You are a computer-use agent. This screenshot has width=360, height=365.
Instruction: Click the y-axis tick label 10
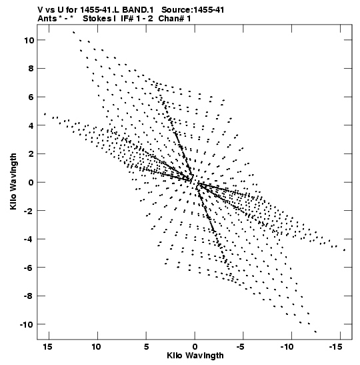point(29,40)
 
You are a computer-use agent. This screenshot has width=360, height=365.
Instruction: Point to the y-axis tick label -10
point(27,324)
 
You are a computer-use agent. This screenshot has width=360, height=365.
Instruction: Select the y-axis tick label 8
point(31,69)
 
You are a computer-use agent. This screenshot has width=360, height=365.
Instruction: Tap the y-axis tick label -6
point(29,268)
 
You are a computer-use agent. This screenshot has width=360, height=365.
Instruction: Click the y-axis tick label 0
point(31,183)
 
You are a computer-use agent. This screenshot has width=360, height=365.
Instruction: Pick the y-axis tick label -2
point(29,211)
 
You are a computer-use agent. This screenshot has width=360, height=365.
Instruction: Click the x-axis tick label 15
point(47,347)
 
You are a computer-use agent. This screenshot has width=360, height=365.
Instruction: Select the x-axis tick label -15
point(335,347)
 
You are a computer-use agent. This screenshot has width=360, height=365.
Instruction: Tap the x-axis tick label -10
point(287,347)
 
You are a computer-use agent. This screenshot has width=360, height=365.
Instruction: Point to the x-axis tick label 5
point(146,347)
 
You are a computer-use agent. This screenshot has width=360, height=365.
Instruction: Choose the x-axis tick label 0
point(195,347)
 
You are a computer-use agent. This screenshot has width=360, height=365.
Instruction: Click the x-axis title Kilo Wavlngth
point(195,356)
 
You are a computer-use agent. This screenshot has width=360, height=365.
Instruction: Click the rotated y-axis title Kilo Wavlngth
point(13,181)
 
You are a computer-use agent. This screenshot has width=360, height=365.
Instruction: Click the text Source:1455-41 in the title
point(193,10)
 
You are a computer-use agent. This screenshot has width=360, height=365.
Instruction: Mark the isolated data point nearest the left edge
point(45,114)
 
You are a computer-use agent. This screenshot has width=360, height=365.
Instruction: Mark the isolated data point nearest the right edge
point(344,250)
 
